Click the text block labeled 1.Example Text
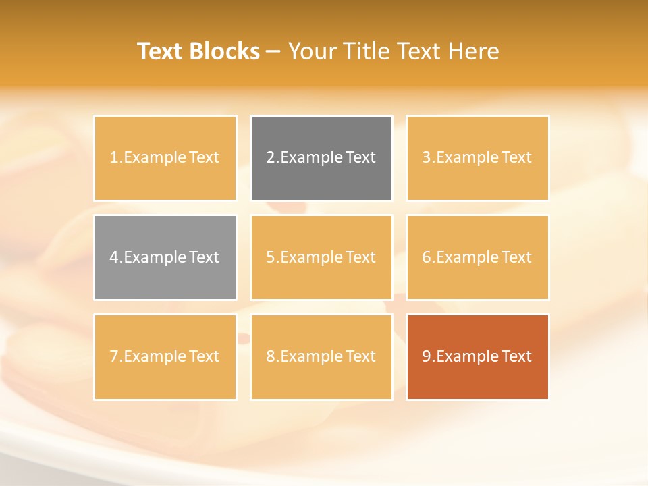tap(165, 158)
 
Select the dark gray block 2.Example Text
tap(321, 158)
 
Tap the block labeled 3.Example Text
tap(477, 158)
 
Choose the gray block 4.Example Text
tap(165, 257)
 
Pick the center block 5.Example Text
tap(321, 257)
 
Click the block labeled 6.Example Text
tap(477, 257)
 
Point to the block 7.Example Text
tap(165, 356)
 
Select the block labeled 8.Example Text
tap(321, 356)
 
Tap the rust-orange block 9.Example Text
tap(477, 356)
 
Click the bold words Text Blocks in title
tap(198, 51)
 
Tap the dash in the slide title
tap(273, 51)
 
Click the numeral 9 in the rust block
tap(427, 356)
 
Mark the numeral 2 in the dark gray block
tap(271, 158)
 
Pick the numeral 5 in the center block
tap(271, 257)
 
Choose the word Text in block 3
tap(517, 158)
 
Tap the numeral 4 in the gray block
tap(114, 257)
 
